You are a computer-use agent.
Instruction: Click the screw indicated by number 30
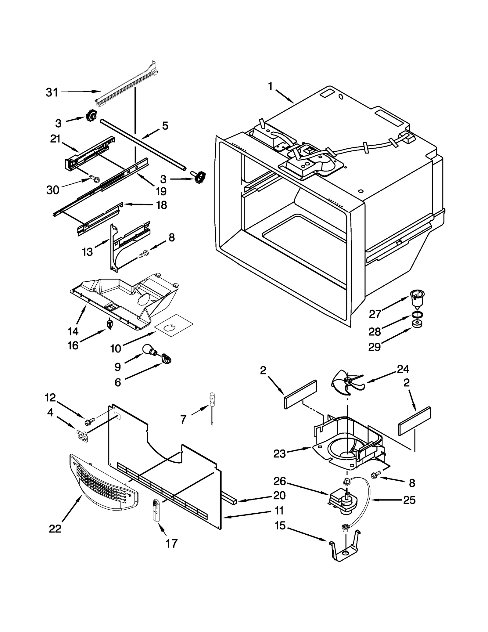tap(95, 179)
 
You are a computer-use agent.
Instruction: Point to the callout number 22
tap(55, 529)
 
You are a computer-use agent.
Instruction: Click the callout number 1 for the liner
tap(270, 87)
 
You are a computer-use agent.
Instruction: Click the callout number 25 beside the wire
tap(409, 500)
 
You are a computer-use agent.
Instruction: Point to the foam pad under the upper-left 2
tap(300, 394)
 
